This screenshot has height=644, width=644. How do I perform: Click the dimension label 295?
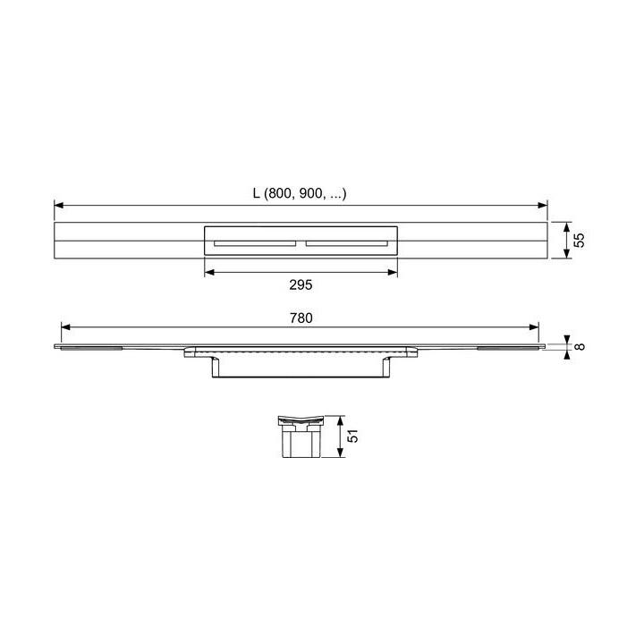(300, 285)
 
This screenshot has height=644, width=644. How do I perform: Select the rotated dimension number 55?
(579, 241)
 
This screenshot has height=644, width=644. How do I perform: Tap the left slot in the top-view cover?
(254, 242)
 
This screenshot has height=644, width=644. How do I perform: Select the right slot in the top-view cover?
(344, 242)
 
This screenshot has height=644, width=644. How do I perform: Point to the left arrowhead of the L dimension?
(59, 206)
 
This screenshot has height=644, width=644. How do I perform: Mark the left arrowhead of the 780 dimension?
(64, 327)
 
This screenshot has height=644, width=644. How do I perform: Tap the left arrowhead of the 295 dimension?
(209, 272)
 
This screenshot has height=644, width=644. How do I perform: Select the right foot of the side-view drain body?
(386, 367)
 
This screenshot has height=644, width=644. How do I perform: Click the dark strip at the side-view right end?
(510, 348)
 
